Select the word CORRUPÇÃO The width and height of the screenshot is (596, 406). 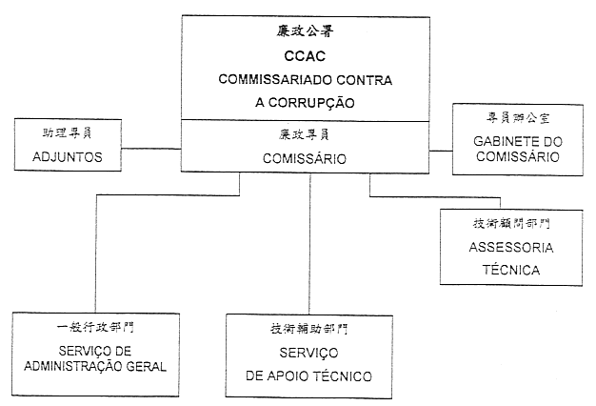click(321, 101)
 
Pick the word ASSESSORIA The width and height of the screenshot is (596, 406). click(510, 248)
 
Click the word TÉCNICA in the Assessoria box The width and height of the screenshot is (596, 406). click(510, 270)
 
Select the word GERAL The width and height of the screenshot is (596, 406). click(149, 365)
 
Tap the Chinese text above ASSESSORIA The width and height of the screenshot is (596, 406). click(510, 224)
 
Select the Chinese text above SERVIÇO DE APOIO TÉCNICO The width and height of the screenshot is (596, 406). click(309, 329)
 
